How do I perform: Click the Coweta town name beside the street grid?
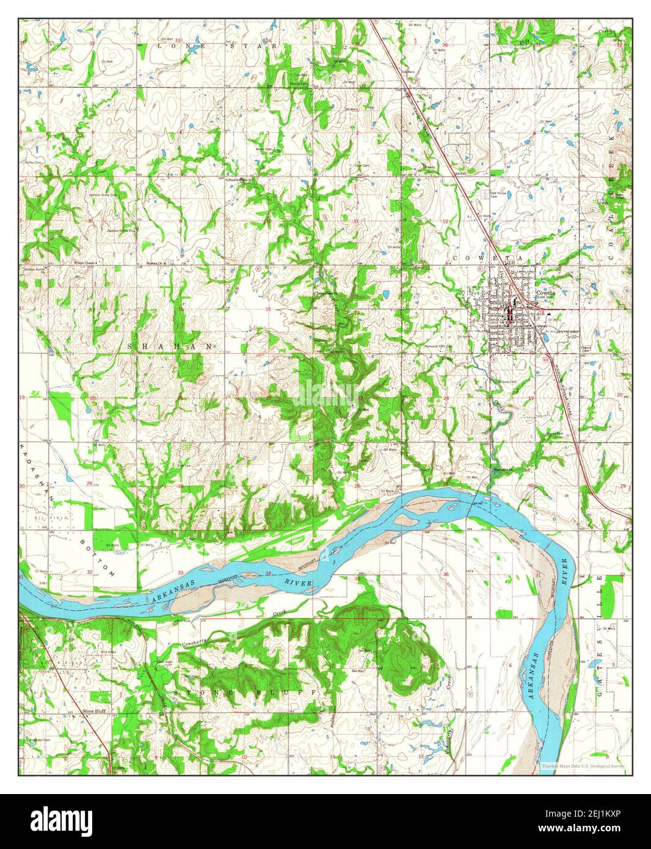pyautogui.click(x=545, y=293)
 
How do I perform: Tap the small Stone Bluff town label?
pyautogui.click(x=93, y=712)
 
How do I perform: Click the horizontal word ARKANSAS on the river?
pyautogui.click(x=172, y=592)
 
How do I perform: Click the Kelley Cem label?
pyautogui.click(x=33, y=163)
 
